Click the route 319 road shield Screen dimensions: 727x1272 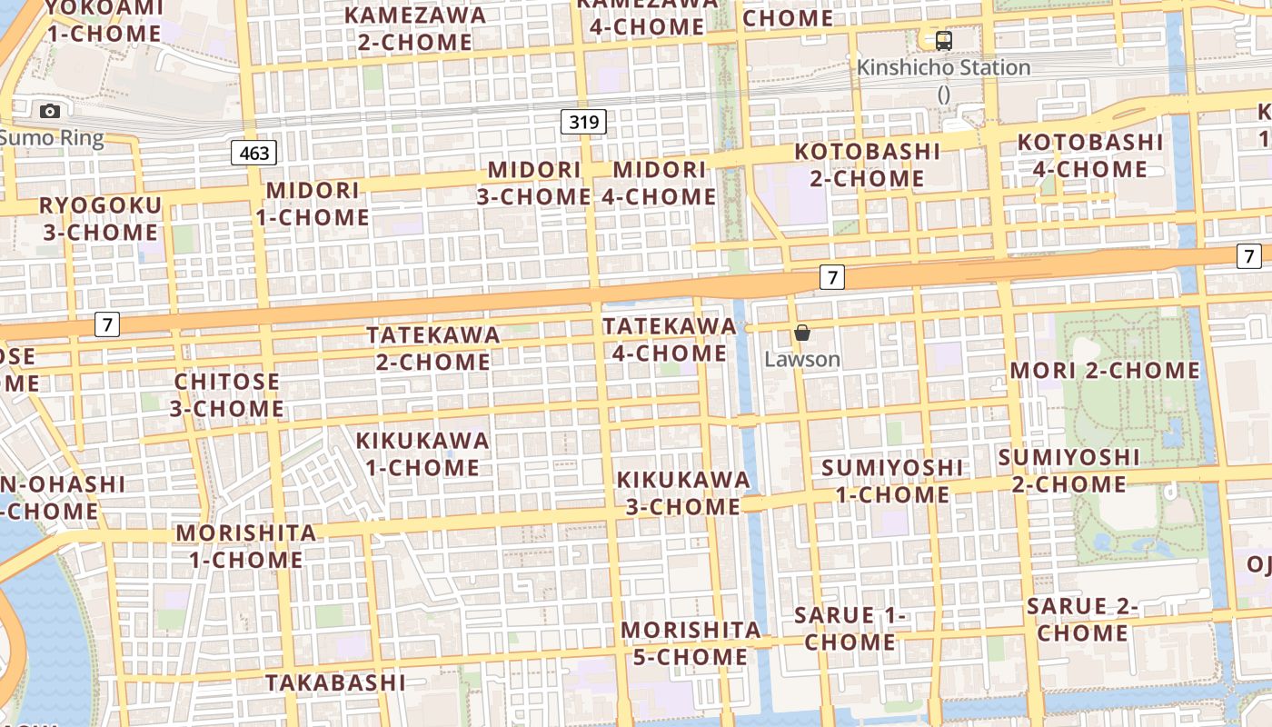(583, 122)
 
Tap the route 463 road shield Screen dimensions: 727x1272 (253, 153)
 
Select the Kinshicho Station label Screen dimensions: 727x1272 (943, 68)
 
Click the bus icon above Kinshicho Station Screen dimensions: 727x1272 (944, 40)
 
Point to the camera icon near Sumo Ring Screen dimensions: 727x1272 (50, 111)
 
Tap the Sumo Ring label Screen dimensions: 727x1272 (52, 138)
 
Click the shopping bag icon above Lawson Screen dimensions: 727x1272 (801, 334)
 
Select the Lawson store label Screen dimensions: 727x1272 (801, 359)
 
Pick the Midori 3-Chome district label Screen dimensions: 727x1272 (534, 183)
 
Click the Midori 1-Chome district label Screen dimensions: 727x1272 (313, 204)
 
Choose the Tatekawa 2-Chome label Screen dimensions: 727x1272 (433, 348)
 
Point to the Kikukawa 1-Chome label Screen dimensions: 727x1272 (422, 454)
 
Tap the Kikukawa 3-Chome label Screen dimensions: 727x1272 (683, 493)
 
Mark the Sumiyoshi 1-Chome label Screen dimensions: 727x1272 (892, 481)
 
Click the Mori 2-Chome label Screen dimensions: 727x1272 (1105, 371)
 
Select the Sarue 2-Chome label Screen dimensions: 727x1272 (1082, 620)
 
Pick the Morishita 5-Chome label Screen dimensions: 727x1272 (691, 643)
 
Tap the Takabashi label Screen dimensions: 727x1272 (335, 682)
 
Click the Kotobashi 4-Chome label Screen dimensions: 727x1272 (1090, 155)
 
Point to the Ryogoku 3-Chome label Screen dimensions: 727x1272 (100, 218)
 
